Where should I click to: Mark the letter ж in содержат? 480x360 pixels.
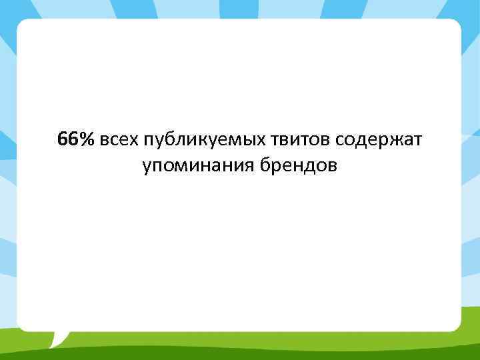pyautogui.click(x=378, y=141)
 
